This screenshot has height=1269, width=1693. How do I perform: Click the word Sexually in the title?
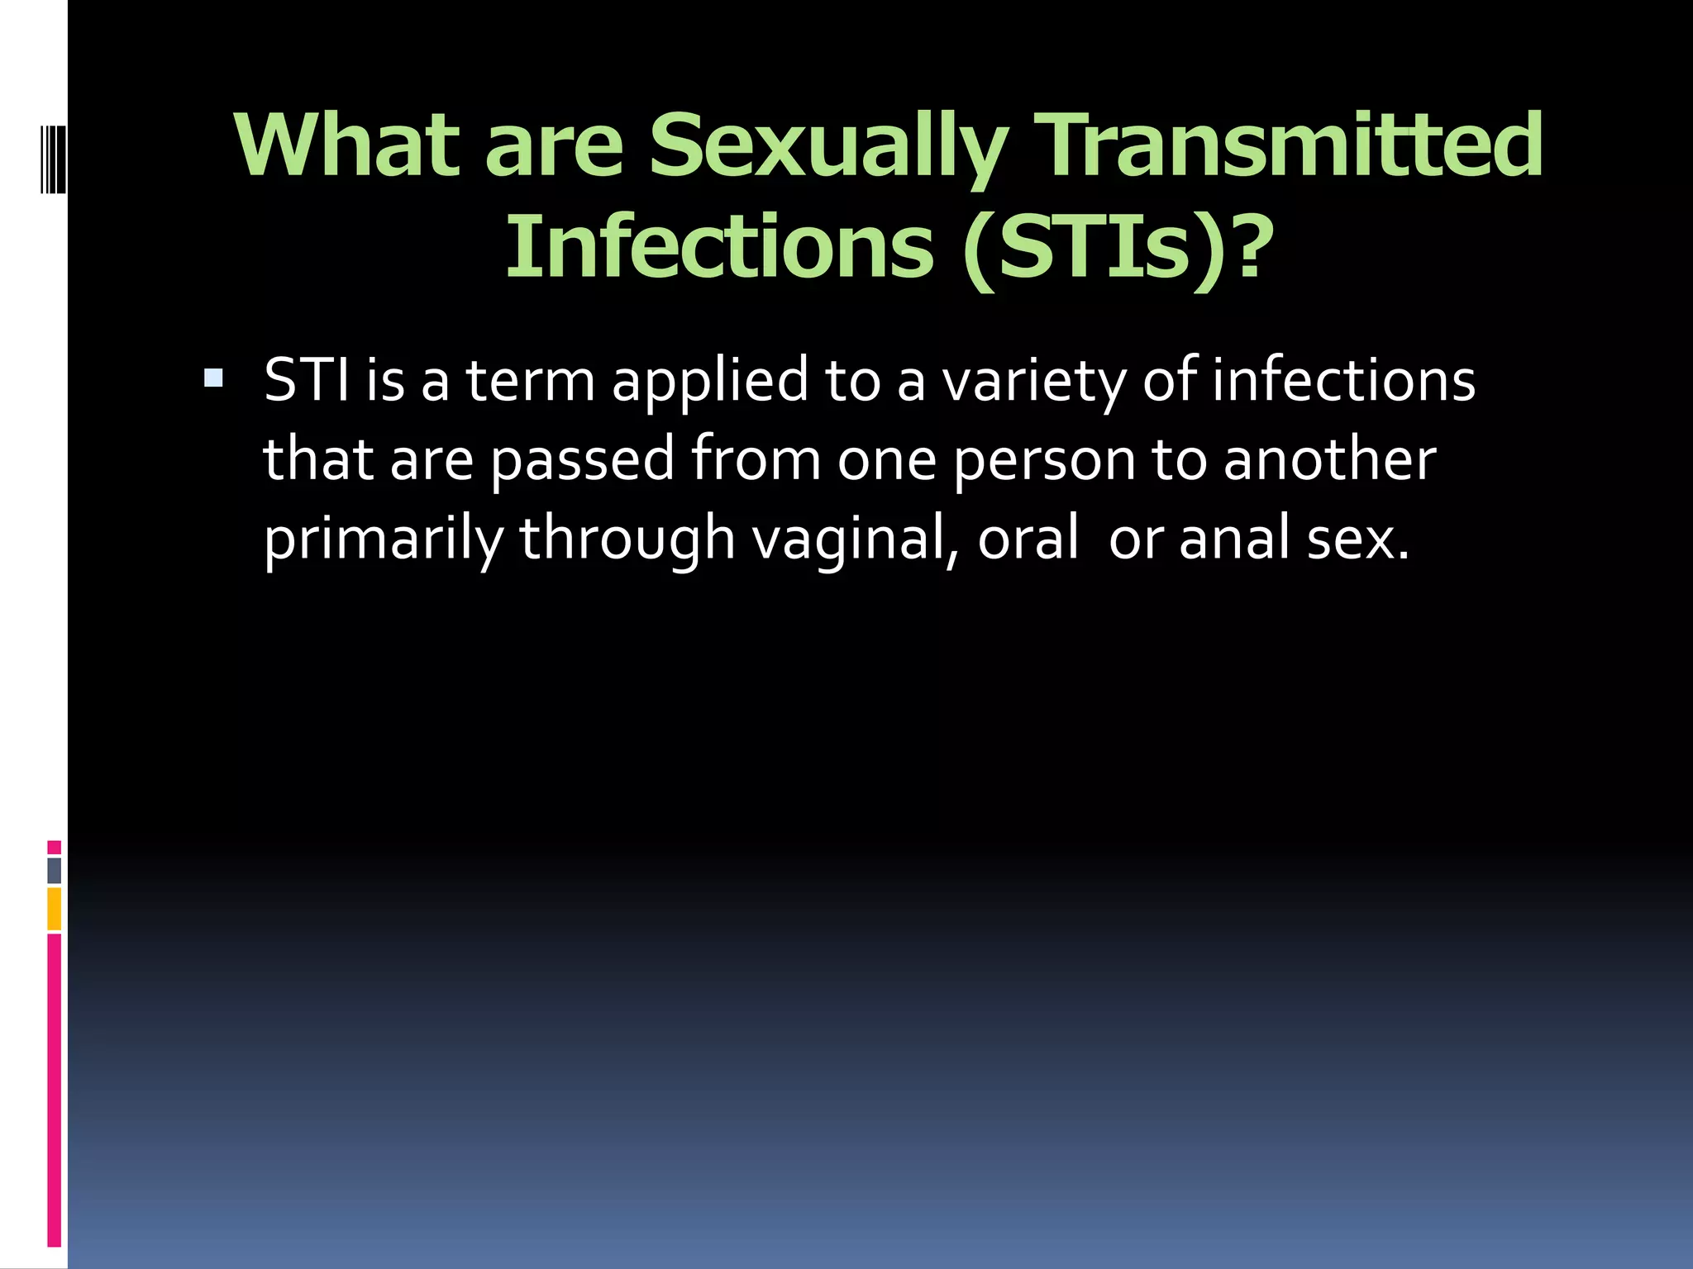pyautogui.click(x=827, y=147)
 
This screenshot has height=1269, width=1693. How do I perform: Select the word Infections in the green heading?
pyautogui.click(x=719, y=247)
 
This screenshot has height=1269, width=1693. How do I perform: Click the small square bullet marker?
pyautogui.click(x=213, y=379)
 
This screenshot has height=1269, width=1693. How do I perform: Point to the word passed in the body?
pyautogui.click(x=583, y=460)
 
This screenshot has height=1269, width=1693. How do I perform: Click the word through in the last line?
pyautogui.click(x=627, y=539)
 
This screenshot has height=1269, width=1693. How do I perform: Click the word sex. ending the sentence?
pyautogui.click(x=1357, y=539)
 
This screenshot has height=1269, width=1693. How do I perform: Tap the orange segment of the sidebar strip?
pyautogui.click(x=55, y=909)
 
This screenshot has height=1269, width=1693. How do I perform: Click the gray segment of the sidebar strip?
pyautogui.click(x=55, y=871)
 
